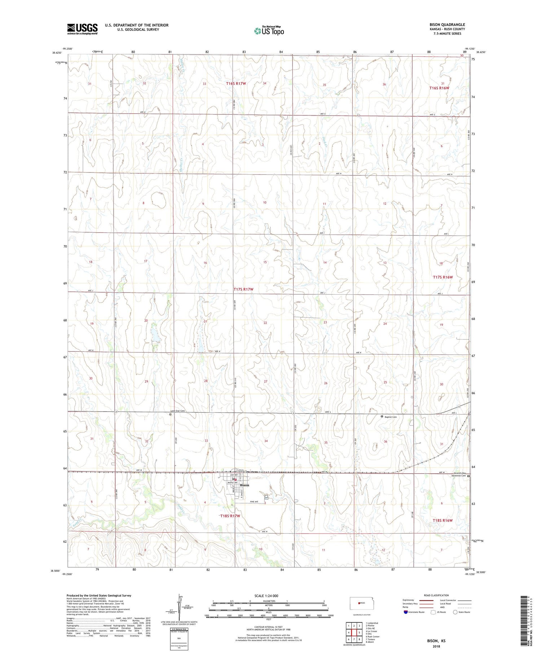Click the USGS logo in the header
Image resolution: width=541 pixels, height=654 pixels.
pos(82,28)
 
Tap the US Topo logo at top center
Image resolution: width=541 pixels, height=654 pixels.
pos(269,31)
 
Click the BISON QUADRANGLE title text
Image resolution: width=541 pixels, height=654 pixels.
pos(447,25)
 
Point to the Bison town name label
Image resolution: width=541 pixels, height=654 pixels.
pos(245,485)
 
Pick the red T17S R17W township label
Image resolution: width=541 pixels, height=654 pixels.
pos(243,289)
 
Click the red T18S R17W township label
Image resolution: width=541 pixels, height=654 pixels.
pos(230,516)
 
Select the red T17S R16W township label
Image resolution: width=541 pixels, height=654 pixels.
pos(443,277)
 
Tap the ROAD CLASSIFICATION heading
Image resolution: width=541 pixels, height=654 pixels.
pos(436,595)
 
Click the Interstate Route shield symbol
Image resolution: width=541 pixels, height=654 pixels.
pos(406,612)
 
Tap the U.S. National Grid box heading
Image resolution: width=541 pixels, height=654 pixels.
pos(179,629)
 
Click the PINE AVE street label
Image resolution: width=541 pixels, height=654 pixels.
pos(255,502)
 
